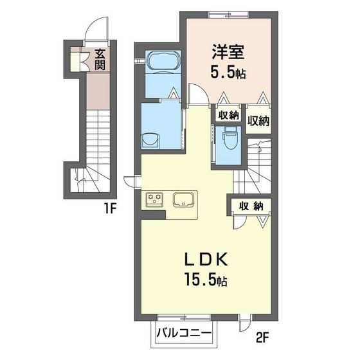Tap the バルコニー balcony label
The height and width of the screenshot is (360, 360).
click(x=189, y=334)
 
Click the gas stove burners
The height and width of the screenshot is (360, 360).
click(x=156, y=200)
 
